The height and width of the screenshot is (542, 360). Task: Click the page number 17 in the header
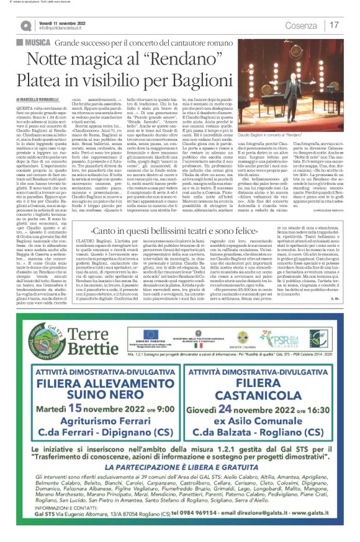coord(335,25)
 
